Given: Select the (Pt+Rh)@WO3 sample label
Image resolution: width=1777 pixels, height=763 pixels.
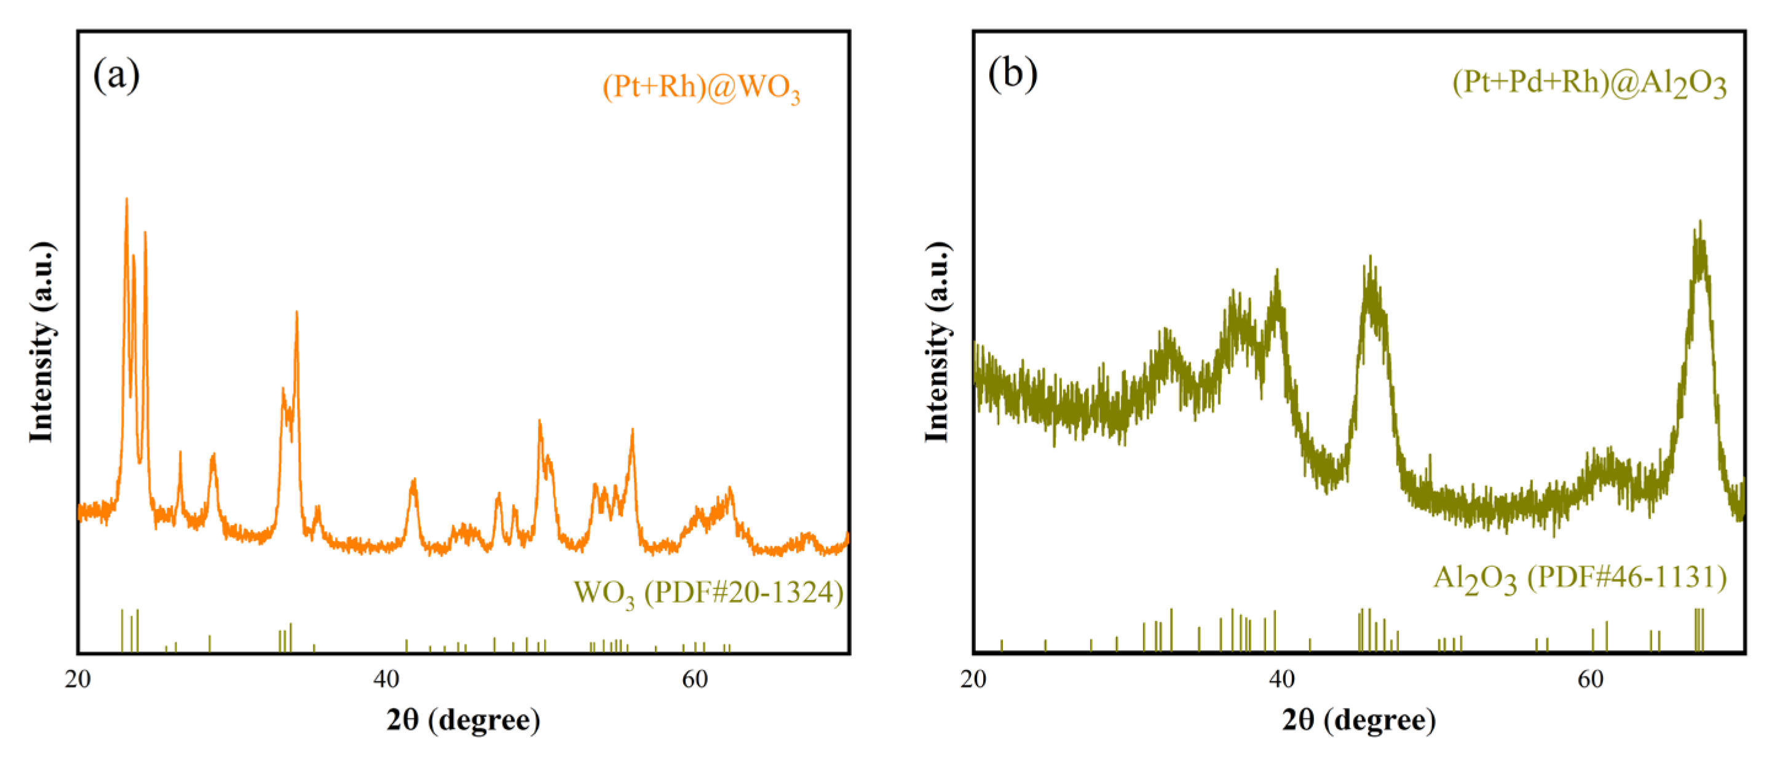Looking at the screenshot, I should [x=701, y=89].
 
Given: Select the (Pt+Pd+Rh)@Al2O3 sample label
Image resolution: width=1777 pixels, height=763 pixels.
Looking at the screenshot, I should [x=1589, y=84].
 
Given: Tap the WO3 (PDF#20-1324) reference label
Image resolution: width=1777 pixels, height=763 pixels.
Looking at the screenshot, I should [x=708, y=593].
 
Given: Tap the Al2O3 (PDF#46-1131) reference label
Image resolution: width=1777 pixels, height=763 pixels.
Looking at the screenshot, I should [x=1580, y=577].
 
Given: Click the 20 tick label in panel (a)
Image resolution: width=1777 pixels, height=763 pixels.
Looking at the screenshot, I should [x=77, y=679].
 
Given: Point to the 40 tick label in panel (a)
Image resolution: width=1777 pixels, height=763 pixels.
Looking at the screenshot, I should [x=386, y=679].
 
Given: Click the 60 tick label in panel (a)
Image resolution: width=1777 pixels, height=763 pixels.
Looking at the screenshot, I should [x=695, y=679].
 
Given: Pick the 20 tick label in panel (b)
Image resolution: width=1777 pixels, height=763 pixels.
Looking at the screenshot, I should [x=973, y=679].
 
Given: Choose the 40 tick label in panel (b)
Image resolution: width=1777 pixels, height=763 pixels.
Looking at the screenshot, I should [x=1281, y=679].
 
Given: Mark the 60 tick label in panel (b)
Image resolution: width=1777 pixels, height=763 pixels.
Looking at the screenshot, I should [x=1590, y=679].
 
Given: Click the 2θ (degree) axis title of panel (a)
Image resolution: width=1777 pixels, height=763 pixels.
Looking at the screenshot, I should [x=463, y=720].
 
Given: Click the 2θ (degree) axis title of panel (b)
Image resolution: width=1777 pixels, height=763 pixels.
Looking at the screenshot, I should [x=1359, y=720].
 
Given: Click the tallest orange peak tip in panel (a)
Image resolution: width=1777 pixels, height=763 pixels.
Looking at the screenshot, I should [x=126, y=199].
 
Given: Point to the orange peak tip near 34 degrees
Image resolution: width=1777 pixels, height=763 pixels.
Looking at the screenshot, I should [x=296, y=312].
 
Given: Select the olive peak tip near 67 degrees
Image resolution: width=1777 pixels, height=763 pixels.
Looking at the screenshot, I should [x=1700, y=222].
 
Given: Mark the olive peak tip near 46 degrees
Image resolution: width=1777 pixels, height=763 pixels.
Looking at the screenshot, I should [x=1370, y=258].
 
